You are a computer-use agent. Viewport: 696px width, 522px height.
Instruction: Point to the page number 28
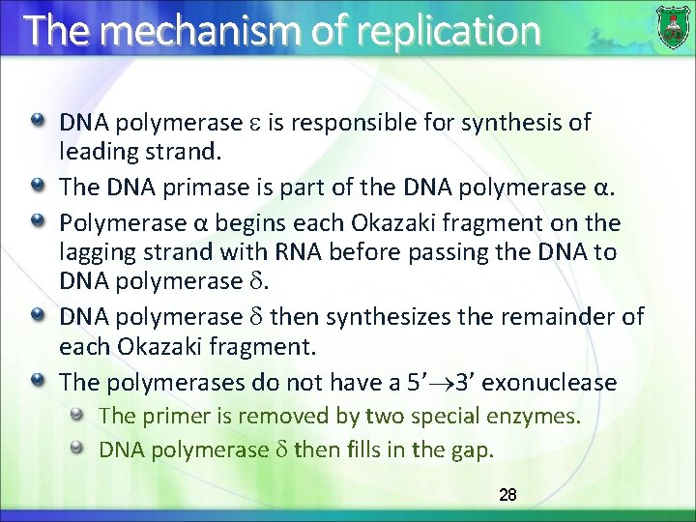pyautogui.click(x=507, y=495)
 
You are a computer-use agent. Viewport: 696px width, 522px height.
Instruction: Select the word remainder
pyautogui.click(x=565, y=316)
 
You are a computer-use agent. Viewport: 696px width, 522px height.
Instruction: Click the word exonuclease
pyautogui.click(x=549, y=383)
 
